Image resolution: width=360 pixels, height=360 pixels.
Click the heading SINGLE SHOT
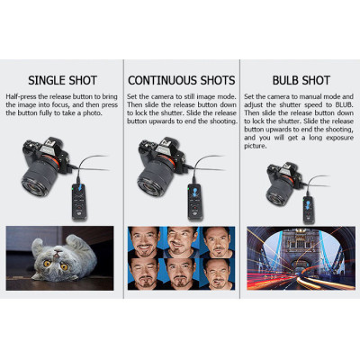point(62,80)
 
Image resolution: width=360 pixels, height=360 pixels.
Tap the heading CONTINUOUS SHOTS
point(182,80)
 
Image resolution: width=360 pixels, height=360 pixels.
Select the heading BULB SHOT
point(301,80)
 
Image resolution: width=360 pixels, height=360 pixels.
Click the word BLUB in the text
point(343,105)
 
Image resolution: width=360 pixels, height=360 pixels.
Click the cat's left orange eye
point(47,264)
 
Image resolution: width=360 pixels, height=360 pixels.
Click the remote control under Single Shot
point(79,202)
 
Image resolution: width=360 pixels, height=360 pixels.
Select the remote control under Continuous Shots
point(195,202)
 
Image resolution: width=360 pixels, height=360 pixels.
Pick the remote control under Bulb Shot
point(309,209)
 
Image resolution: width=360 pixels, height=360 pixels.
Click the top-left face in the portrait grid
point(144,242)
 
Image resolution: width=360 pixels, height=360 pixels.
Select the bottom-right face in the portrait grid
point(217,274)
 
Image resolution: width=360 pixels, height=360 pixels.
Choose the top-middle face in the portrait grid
point(180,240)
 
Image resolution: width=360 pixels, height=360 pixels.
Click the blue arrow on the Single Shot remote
point(79,188)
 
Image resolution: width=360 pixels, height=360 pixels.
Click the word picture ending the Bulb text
point(255,147)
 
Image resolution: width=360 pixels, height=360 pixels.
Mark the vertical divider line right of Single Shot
point(123,179)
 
